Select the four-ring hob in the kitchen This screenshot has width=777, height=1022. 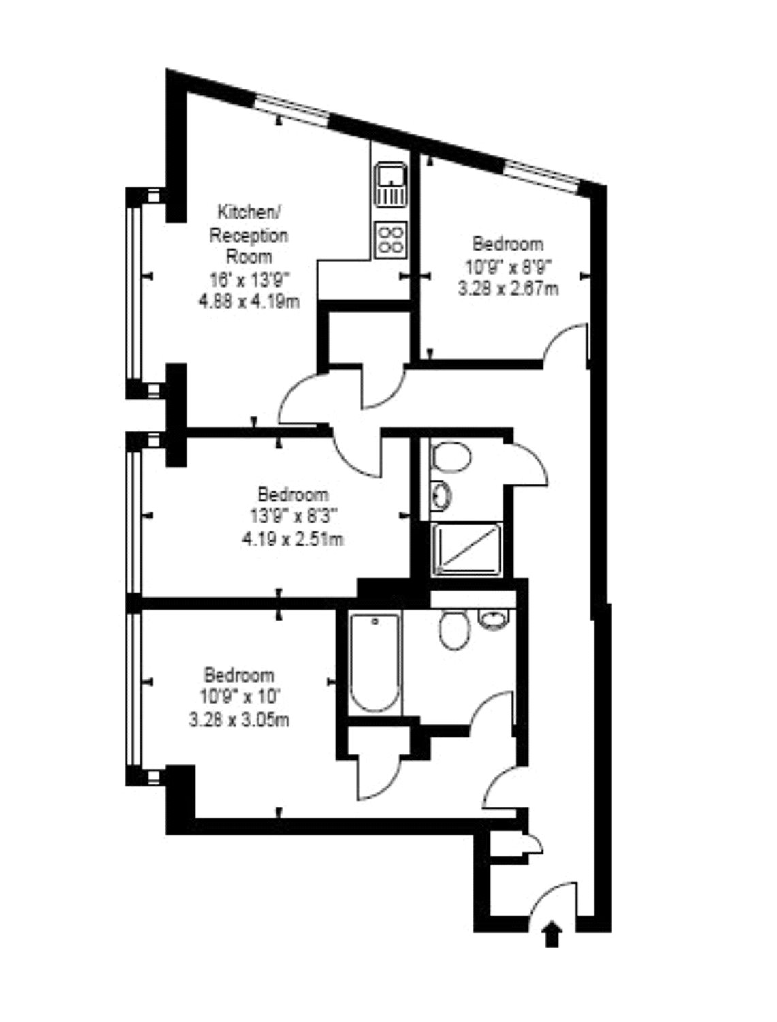tap(390, 239)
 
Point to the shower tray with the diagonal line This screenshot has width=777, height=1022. tap(466, 549)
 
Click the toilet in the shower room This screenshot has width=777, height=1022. tap(450, 457)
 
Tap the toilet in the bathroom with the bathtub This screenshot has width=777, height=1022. tap(455, 630)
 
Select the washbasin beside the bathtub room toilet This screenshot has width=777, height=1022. tap(494, 620)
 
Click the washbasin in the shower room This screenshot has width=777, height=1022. tap(441, 495)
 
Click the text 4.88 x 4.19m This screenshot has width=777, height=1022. tap(249, 302)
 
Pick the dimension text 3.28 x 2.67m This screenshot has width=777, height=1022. tap(508, 289)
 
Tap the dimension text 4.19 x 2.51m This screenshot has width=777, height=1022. tap(292, 539)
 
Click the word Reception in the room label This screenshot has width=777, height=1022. tap(249, 236)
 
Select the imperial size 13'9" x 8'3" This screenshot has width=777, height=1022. tap(294, 516)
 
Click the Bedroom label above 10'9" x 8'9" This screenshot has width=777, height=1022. tap(507, 243)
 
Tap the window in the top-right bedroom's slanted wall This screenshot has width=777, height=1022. tap(542, 176)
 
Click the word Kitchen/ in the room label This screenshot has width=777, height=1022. tap(249, 213)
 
